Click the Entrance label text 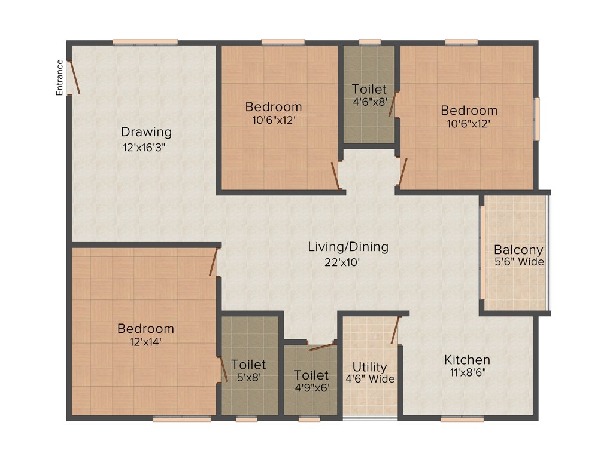click(59, 77)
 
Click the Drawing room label click(146, 132)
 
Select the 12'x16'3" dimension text click(144, 147)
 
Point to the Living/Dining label click(348, 246)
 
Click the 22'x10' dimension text click(342, 261)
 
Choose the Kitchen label click(467, 360)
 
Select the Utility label click(369, 367)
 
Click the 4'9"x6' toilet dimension click(311, 387)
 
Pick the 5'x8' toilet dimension click(248, 378)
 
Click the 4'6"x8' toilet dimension click(369, 102)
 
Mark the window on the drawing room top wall click(145, 42)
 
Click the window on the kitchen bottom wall click(462, 419)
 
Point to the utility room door click(395, 331)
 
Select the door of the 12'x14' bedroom click(213, 262)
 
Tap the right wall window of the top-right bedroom click(537, 119)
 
